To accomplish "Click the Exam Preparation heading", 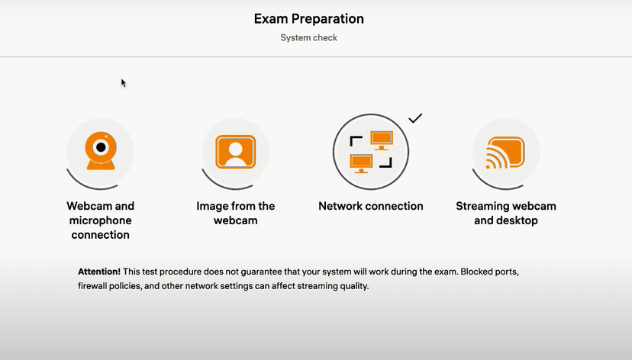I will (x=308, y=18).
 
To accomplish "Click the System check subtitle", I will (x=308, y=37).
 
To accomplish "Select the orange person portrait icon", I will (x=235, y=151).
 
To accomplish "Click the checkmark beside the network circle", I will (x=415, y=118).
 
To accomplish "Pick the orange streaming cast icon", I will (x=505, y=153).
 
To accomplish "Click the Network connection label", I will (x=370, y=206).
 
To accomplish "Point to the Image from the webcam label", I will (x=235, y=213).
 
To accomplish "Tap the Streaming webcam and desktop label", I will (x=505, y=213).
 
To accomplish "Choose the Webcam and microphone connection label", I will (x=100, y=220).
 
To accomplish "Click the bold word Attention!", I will (x=99, y=272).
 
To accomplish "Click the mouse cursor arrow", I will (x=123, y=82).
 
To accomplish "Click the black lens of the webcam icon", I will (x=100, y=146).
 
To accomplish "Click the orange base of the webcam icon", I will (x=100, y=164).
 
